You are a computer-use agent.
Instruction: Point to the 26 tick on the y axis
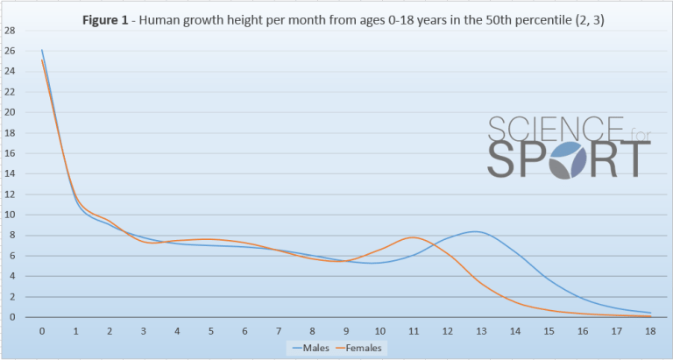pyautogui.click(x=10, y=51)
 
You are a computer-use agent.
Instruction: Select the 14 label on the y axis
pyautogui.click(x=10, y=173)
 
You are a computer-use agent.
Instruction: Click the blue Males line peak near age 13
pyautogui.click(x=474, y=231)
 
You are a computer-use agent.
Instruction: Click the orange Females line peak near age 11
pyautogui.click(x=413, y=237)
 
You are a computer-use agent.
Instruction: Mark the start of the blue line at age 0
pyautogui.click(x=42, y=50)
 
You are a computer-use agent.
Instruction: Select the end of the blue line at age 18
pyautogui.click(x=649, y=313)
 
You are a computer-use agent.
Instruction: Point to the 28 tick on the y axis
pyautogui.click(x=10, y=31)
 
